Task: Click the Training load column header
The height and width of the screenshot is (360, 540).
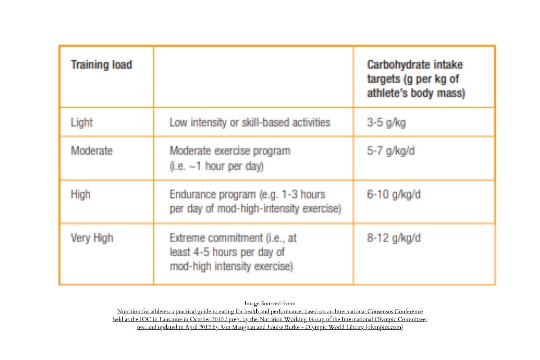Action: pos(102,65)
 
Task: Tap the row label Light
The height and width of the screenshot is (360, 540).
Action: pos(82,122)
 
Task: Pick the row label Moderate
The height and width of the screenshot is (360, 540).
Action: pos(92,150)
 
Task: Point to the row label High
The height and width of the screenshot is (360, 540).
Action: pos(81,194)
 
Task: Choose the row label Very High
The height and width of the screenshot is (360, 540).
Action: pos(92,238)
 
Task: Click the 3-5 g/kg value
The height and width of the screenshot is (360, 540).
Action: pos(386,122)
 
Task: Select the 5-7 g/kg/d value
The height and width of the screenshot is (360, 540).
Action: pos(391,150)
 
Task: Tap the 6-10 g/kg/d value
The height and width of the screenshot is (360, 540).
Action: pos(393,194)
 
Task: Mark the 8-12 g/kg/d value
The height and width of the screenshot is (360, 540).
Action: pos(393,238)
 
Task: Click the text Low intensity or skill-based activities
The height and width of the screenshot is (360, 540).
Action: pos(250,122)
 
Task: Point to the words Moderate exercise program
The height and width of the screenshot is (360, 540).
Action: pos(230,150)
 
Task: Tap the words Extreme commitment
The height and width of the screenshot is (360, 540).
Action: pos(216,238)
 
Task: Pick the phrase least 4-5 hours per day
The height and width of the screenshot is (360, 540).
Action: pos(227,252)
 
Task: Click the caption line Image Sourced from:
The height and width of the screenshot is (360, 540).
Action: pos(270,303)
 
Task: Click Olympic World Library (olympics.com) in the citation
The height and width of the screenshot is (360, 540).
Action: pos(354,327)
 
